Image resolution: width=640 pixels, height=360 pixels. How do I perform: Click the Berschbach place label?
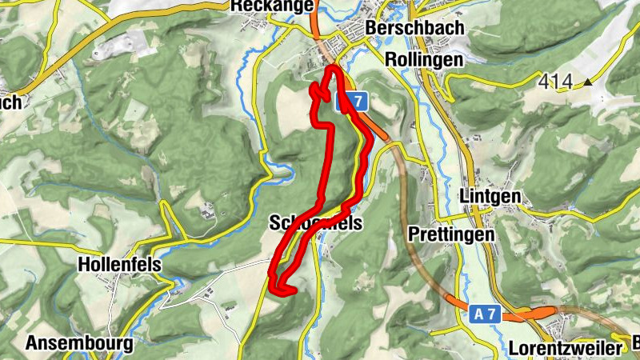click(403, 28)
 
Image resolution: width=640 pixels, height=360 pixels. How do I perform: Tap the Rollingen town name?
click(423, 59)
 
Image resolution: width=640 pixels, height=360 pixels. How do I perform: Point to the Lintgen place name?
click(491, 197)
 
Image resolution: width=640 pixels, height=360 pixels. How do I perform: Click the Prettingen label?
click(451, 234)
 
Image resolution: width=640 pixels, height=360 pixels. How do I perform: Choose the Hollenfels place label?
click(119, 264)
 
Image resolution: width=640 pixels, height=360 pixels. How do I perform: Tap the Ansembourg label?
click(79, 344)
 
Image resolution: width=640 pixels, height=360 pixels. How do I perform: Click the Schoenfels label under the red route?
click(316, 225)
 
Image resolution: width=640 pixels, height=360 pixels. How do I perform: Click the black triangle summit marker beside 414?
click(589, 81)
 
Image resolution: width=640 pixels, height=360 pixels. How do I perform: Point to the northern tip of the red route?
click(331, 70)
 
